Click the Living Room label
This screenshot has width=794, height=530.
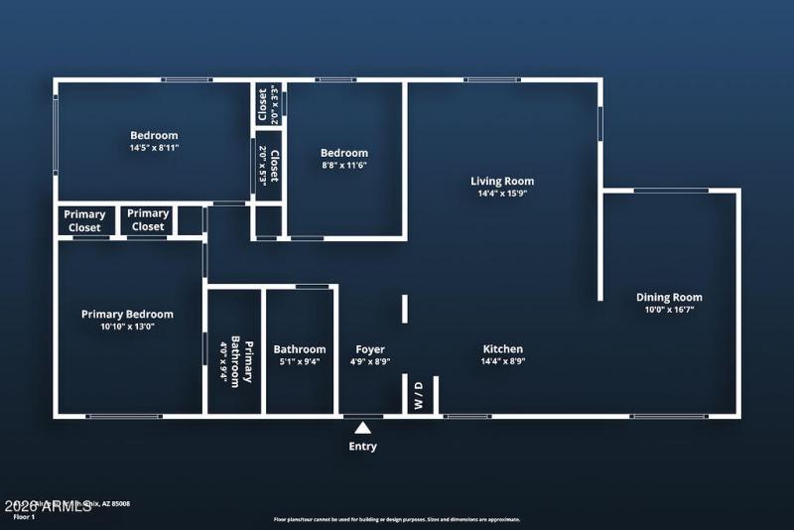(502, 181)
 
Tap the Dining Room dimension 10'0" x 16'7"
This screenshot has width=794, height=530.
(669, 310)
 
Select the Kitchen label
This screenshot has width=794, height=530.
(502, 348)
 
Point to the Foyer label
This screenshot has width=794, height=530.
(370, 348)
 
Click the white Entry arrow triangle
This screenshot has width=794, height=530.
(363, 429)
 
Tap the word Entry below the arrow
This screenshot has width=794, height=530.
(363, 447)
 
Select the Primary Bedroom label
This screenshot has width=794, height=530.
(127, 314)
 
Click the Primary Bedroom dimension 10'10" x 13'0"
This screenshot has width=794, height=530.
(127, 327)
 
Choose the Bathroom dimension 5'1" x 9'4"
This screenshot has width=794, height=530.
(299, 361)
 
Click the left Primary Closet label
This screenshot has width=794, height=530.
(84, 220)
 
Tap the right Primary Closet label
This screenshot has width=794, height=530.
(148, 219)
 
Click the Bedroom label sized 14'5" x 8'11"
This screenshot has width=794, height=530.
(154, 135)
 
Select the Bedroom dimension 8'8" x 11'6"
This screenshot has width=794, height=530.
(343, 166)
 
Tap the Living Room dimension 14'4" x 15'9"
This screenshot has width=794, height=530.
(502, 194)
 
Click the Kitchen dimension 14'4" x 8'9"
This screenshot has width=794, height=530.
(502, 361)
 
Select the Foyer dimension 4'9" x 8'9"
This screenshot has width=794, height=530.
(370, 361)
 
